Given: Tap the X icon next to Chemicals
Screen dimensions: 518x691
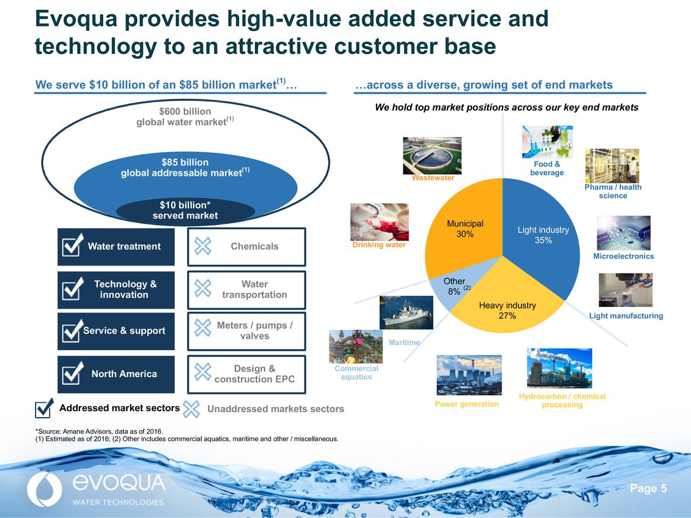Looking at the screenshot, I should click(202, 246).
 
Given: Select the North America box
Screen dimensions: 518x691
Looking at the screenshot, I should click(116, 374).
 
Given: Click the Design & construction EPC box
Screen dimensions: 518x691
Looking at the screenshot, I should click(247, 374).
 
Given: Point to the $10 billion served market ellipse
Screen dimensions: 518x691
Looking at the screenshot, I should click(185, 211).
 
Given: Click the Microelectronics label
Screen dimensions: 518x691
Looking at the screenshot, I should click(623, 256).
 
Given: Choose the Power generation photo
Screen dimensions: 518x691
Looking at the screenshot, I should click(469, 375).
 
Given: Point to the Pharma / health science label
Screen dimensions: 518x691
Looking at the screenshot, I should click(613, 192).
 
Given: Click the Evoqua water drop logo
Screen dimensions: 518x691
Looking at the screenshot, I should click(40, 490).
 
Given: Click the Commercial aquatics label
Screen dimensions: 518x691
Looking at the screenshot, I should click(356, 373).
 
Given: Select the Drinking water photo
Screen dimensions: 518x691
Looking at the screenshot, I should click(379, 222).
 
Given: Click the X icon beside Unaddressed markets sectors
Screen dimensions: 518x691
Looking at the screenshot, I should click(191, 409).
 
